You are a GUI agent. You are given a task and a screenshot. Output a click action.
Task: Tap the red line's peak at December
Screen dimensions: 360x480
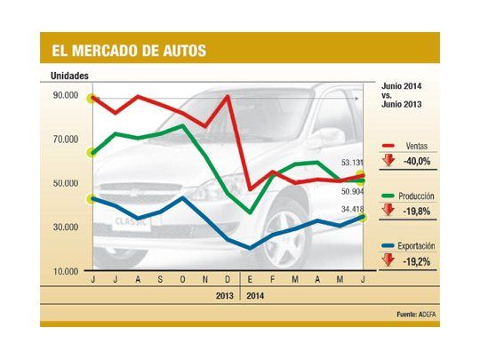click(228, 96)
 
